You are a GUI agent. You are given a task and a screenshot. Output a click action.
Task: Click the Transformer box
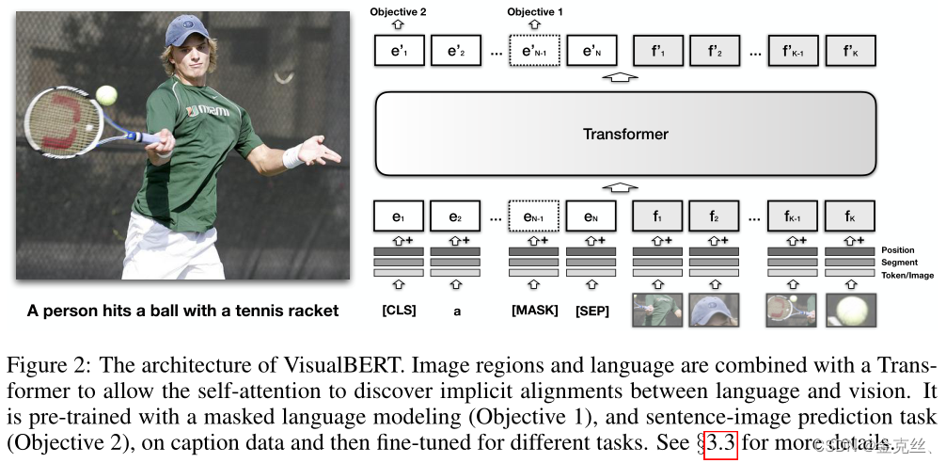[625, 134]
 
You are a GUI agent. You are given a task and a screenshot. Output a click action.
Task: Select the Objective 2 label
[398, 11]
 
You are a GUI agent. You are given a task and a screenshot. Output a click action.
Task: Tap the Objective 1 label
[535, 11]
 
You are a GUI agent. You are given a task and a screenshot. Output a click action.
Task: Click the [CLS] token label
[398, 310]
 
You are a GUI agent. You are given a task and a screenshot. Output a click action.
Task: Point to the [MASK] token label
[534, 310]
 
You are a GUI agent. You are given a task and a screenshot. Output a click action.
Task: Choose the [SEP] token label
[592, 310]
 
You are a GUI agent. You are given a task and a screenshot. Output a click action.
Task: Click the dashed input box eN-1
[534, 217]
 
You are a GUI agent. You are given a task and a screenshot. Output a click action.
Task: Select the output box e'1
[399, 51]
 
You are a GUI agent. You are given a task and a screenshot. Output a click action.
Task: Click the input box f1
[658, 217]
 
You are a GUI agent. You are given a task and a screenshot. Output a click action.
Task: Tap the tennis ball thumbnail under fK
[849, 309]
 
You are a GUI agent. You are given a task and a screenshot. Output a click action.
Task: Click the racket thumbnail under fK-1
[793, 309]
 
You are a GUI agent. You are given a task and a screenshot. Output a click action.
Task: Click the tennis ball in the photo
[106, 95]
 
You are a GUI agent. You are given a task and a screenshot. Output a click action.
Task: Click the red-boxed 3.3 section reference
[720, 443]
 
